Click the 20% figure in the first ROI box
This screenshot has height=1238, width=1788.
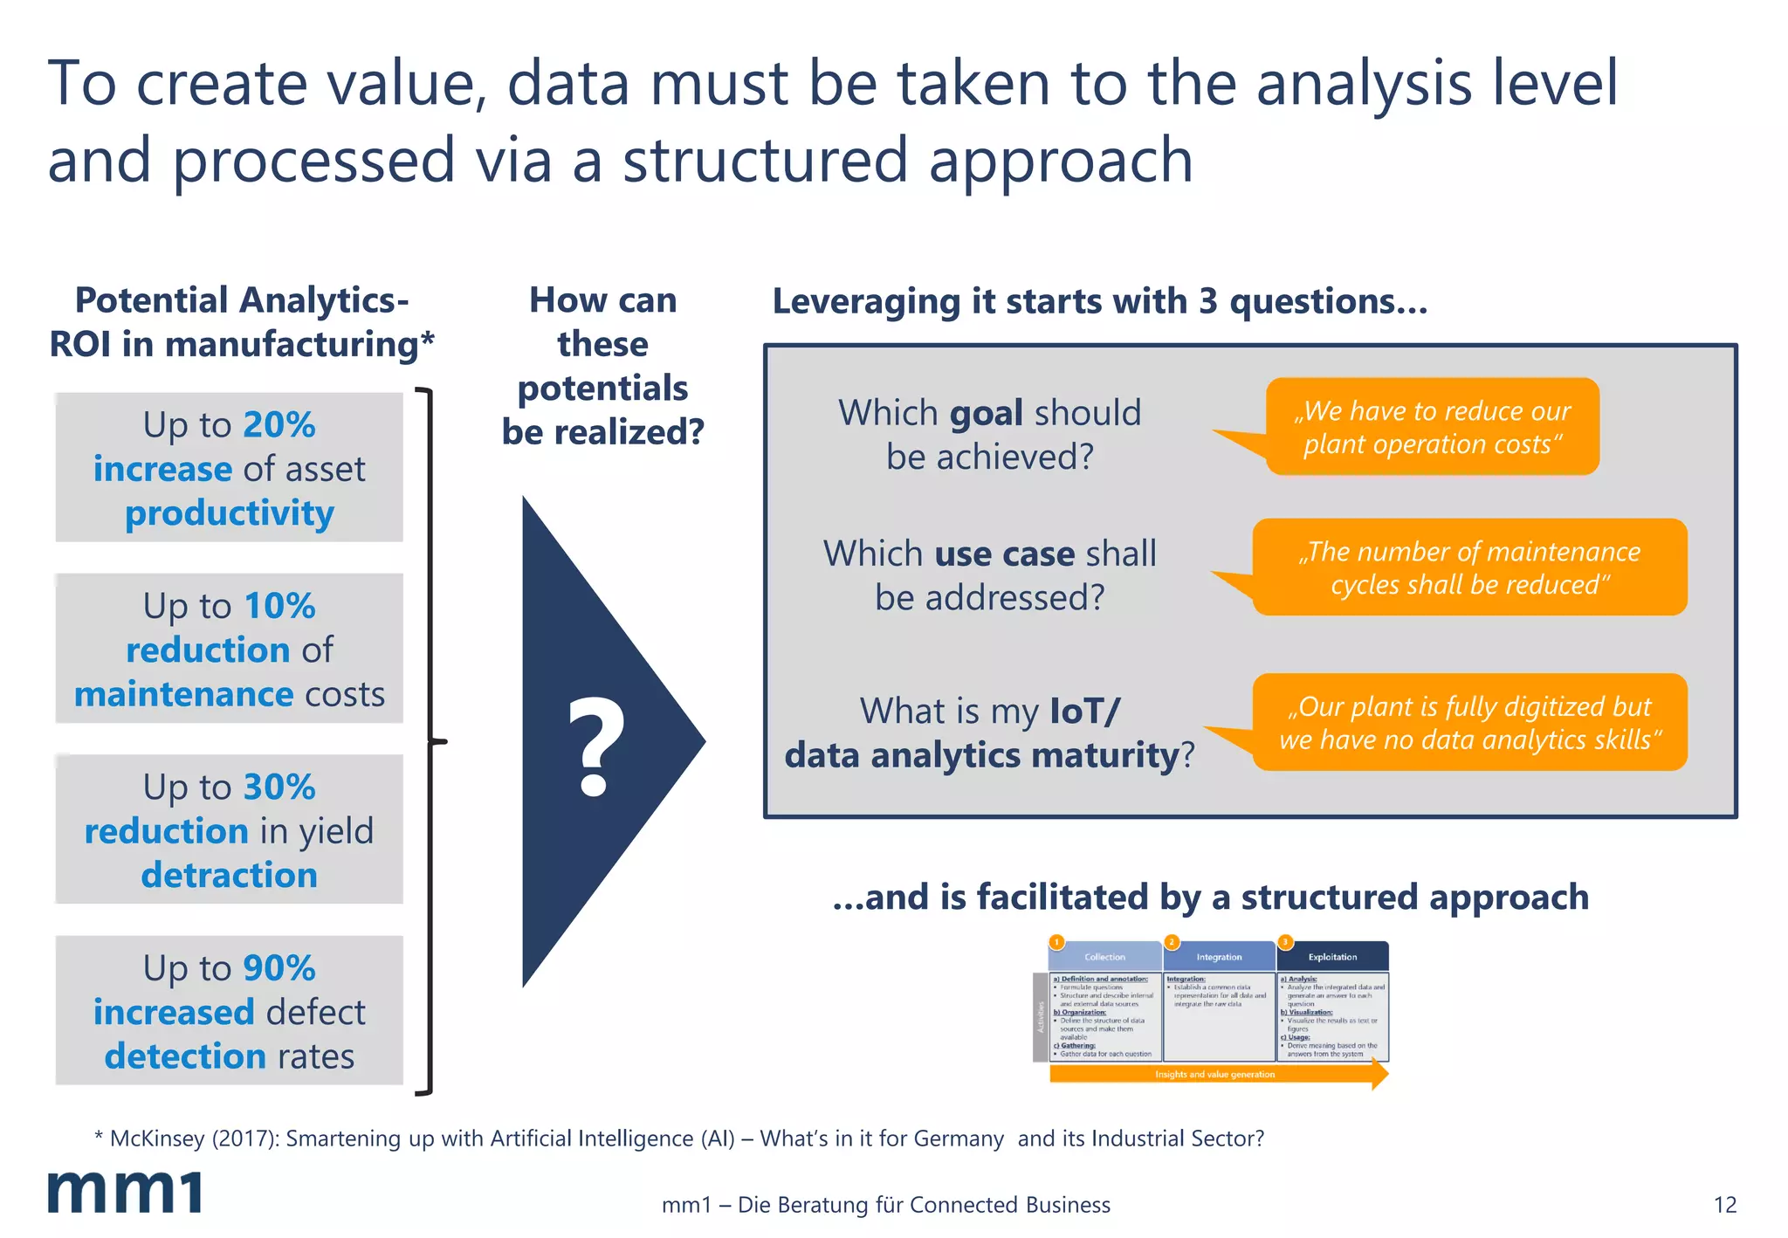(x=279, y=425)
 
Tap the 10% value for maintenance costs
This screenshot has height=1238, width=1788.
(x=279, y=606)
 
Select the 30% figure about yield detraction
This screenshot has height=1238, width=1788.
(x=279, y=787)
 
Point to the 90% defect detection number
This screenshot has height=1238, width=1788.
(x=279, y=967)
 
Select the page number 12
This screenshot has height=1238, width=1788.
(x=1724, y=1205)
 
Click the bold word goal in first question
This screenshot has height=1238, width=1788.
(x=986, y=413)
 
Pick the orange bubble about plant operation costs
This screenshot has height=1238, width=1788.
(x=1432, y=427)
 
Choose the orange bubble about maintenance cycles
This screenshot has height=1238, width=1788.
(x=1469, y=567)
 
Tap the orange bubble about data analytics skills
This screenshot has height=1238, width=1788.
(x=1469, y=722)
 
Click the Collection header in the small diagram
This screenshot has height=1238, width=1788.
(x=1104, y=957)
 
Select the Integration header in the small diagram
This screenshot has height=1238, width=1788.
(x=1219, y=957)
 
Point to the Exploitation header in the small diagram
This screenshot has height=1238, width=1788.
(x=1332, y=957)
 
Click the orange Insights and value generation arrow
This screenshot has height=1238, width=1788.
(x=1215, y=1074)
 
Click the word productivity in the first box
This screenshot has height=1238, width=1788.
(x=229, y=513)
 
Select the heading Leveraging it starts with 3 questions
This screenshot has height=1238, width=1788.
(x=1099, y=301)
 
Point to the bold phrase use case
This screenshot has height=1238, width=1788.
(x=1004, y=554)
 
